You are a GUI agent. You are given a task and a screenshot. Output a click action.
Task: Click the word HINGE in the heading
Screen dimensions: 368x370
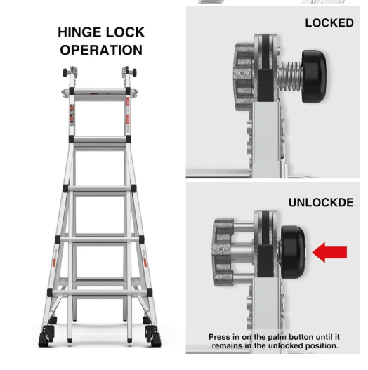coord(77,32)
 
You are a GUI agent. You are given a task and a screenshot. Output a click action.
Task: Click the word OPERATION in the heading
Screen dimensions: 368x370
coord(101,50)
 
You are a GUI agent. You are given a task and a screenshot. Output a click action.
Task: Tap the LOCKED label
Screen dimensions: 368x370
coord(329,23)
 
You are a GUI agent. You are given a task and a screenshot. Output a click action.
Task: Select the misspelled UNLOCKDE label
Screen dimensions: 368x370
coord(321,202)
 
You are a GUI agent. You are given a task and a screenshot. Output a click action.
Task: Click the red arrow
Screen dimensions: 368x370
coord(329,252)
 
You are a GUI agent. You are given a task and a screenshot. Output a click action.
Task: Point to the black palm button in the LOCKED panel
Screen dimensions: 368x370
coord(314,77)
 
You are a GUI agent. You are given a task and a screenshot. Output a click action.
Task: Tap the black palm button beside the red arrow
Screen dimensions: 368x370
coord(293,252)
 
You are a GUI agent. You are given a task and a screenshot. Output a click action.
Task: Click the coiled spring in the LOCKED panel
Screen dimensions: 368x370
coord(290,77)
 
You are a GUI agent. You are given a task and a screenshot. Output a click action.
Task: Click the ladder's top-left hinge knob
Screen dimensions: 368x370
coord(69,72)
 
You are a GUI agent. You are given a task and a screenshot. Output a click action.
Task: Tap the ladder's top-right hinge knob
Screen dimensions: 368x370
coord(130,72)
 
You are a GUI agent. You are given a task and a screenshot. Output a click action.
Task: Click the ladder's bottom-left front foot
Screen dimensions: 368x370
coord(46,336)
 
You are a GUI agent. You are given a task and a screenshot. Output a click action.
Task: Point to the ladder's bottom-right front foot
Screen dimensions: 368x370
coord(153,336)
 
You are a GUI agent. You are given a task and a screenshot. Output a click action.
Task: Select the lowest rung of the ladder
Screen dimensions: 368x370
coord(100,293)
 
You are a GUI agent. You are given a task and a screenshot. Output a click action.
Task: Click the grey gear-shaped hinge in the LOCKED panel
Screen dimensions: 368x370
coord(244,77)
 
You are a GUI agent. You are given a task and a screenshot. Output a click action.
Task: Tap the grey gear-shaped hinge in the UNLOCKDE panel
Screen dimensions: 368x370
coord(223,253)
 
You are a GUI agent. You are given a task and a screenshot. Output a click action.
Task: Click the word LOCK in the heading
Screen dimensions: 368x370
coord(125,32)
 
